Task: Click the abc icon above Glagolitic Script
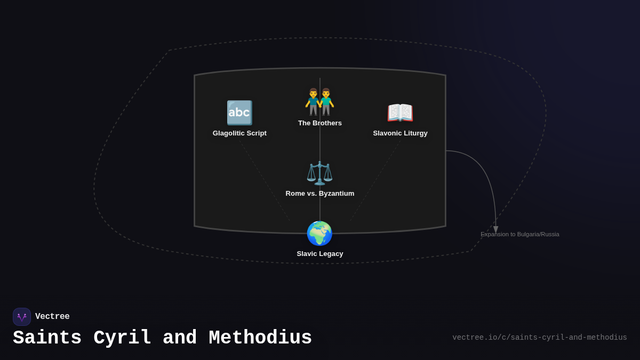pos(239,113)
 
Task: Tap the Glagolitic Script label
pos(239,133)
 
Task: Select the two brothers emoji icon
pos(319,102)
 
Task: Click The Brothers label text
pos(319,123)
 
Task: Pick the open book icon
pos(400,113)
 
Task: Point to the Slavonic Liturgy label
pos(400,133)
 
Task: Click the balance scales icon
pos(319,173)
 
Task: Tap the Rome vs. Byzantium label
pos(319,194)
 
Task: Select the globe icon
pos(319,233)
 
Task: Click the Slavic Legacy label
pos(319,254)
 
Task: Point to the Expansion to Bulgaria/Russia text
pos(519,234)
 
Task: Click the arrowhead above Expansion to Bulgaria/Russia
pos(495,229)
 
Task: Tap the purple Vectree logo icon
pos(22,317)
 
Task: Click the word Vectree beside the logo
pos(52,316)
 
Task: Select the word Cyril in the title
pos(122,338)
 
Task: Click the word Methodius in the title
pos(260,338)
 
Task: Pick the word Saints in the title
pos(47,338)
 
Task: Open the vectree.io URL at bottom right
pos(540,338)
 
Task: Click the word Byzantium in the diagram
pos(337,194)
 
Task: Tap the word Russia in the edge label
pos(550,234)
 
